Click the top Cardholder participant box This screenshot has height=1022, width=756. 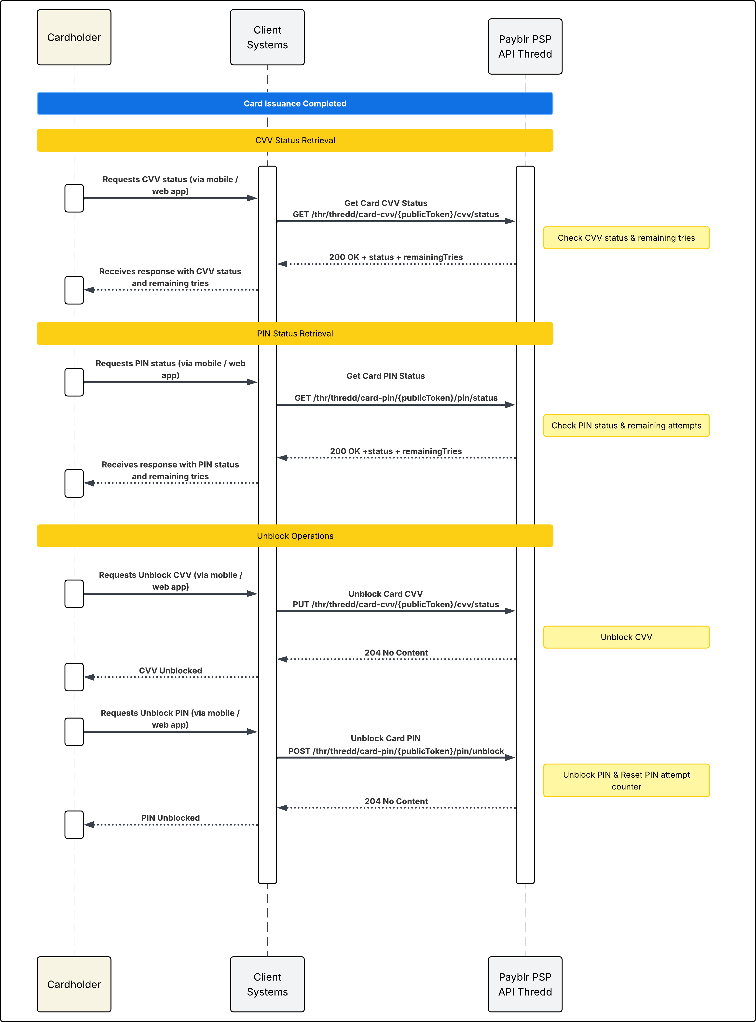[74, 38]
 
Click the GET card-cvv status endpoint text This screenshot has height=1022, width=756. [396, 214]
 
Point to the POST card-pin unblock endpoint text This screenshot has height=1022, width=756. [396, 751]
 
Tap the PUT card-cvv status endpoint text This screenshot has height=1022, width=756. [396, 604]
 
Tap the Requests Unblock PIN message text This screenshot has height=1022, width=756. [170, 719]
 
